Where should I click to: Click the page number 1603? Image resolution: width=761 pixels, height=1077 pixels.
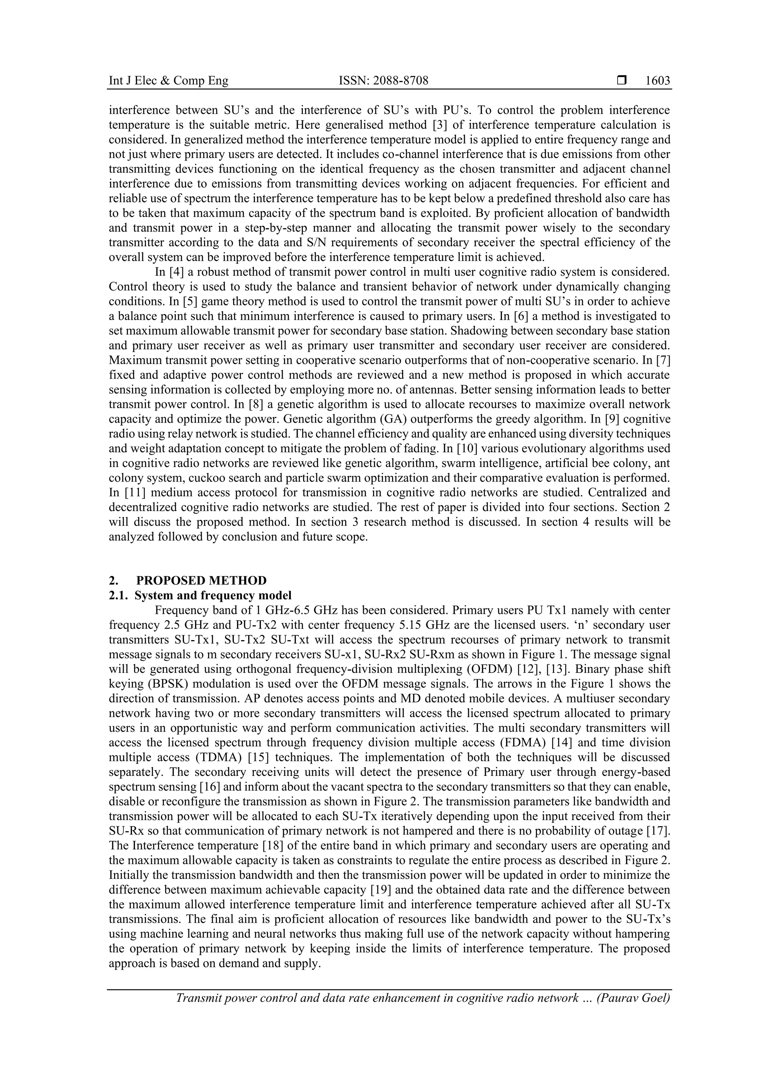(657, 81)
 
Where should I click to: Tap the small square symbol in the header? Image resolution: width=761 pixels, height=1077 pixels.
(622, 81)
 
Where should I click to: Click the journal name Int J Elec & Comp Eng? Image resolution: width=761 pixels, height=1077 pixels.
(168, 81)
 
